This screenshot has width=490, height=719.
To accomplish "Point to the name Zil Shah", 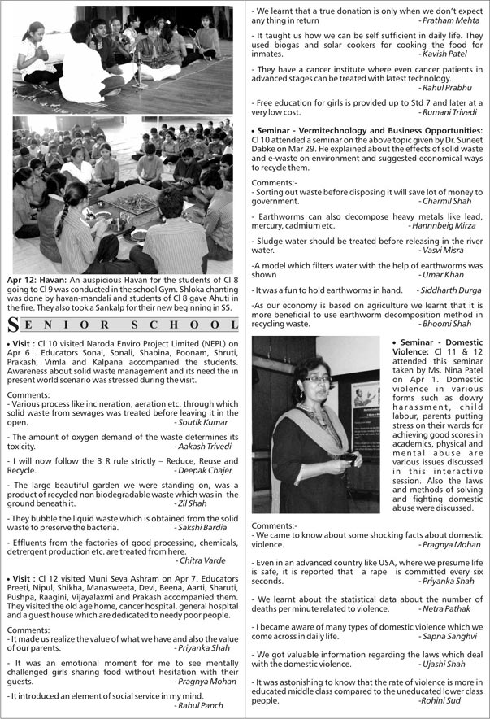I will (220, 503).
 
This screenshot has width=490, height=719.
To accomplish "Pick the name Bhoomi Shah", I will (453, 323).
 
